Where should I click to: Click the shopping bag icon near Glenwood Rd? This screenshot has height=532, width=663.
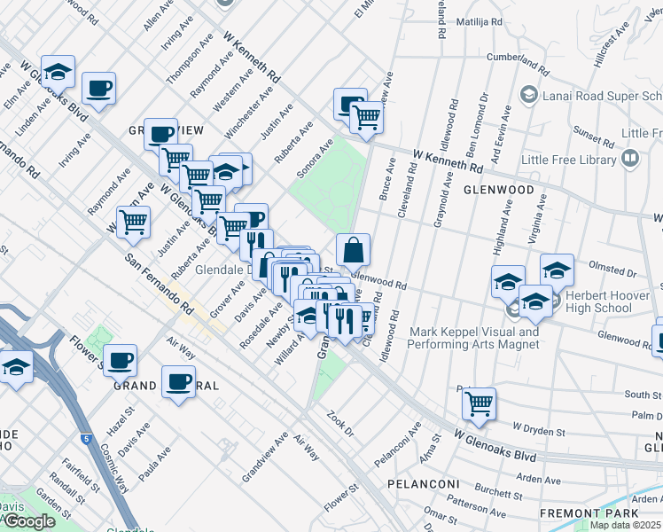[x=353, y=251]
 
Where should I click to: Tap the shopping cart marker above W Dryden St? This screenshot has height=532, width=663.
[x=479, y=403]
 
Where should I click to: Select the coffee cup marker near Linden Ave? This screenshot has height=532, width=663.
[x=98, y=89]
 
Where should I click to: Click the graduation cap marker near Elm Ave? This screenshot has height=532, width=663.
[x=58, y=71]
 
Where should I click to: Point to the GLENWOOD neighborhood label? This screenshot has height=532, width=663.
[x=497, y=190]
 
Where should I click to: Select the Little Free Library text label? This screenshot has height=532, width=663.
[x=568, y=160]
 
